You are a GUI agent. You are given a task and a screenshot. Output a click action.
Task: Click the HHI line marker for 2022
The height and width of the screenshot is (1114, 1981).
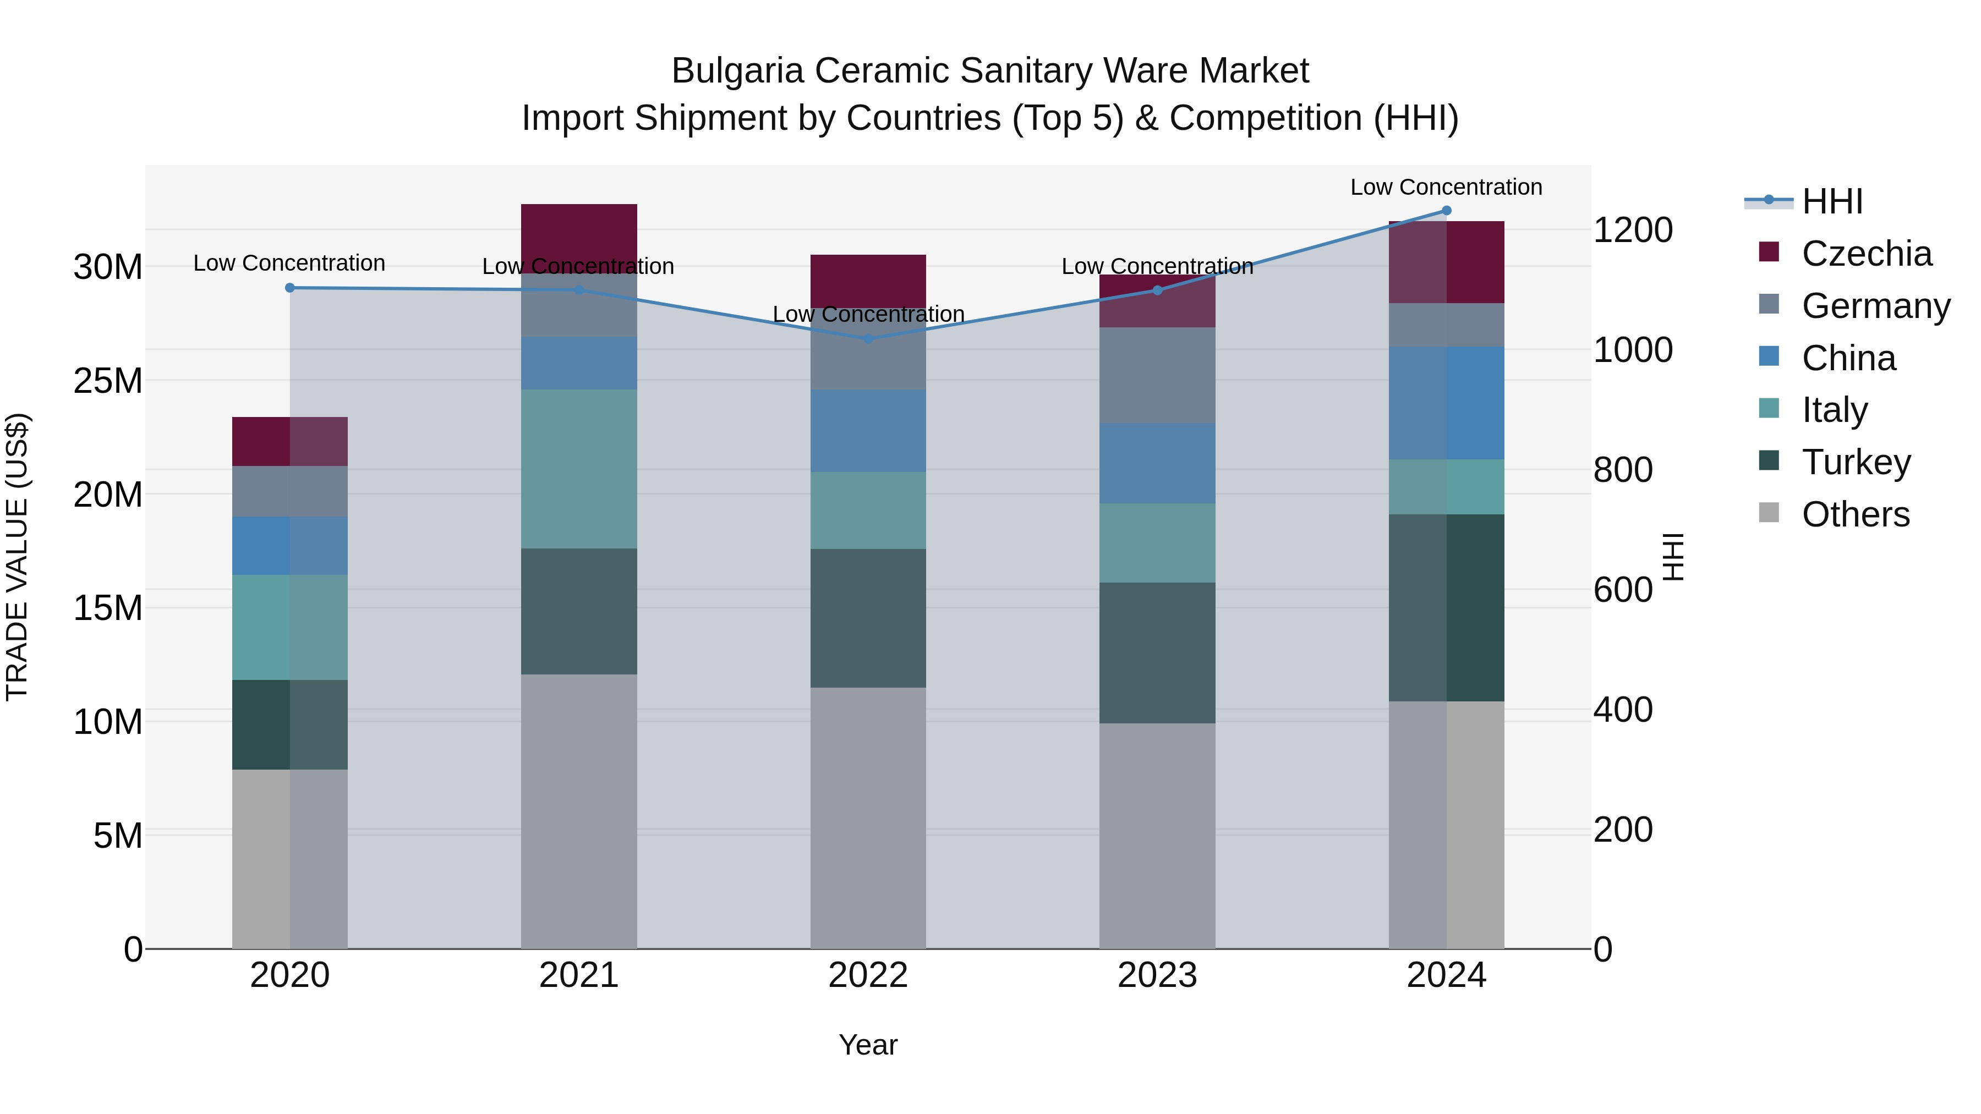pyautogui.click(x=868, y=338)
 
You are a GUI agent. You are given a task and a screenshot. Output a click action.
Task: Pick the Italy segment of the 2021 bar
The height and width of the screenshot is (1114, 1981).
pyautogui.click(x=579, y=468)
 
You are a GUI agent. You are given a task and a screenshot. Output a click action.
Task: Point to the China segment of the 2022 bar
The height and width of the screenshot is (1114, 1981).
pyautogui.click(x=868, y=431)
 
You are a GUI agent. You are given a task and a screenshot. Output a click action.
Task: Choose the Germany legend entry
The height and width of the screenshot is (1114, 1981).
pyautogui.click(x=1876, y=306)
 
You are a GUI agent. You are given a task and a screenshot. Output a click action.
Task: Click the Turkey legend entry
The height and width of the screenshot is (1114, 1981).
pyautogui.click(x=1856, y=462)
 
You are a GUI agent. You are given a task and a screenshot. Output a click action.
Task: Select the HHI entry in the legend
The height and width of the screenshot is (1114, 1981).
pyautogui.click(x=1832, y=201)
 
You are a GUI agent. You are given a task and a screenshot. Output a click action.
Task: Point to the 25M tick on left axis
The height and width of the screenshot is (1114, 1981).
pyautogui.click(x=108, y=381)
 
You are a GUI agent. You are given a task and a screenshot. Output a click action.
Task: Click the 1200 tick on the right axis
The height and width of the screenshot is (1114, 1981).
pyautogui.click(x=1633, y=230)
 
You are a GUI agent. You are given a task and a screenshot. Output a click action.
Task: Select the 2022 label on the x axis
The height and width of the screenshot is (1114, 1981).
pyautogui.click(x=868, y=975)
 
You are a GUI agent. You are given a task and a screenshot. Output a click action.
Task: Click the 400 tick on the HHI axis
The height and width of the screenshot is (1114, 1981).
pyautogui.click(x=1623, y=710)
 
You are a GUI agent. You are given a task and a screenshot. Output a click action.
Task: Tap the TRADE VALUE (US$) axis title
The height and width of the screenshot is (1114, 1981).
pyautogui.click(x=17, y=557)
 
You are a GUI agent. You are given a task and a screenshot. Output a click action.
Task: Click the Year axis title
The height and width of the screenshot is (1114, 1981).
pyautogui.click(x=868, y=1045)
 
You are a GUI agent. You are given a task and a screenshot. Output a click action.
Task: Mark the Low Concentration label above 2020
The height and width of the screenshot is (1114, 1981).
pyautogui.click(x=289, y=263)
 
